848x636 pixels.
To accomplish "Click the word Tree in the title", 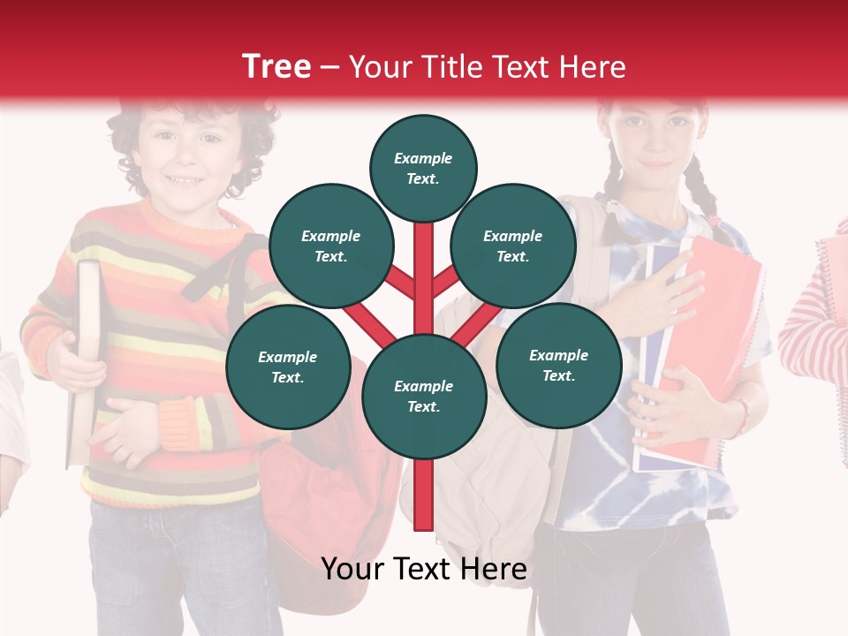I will coord(276,66).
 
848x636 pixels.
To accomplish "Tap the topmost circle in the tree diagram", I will coord(423,168).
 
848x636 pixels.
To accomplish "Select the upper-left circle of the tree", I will coord(330,246).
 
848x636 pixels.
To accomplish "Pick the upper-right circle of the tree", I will coord(512,246).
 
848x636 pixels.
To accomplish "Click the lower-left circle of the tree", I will coord(287,367).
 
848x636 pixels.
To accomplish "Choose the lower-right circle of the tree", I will coord(558,365).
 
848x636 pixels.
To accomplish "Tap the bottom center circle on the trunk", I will coord(423,396).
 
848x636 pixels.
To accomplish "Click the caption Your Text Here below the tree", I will coord(423,569).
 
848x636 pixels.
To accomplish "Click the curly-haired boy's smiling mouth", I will coord(185,181).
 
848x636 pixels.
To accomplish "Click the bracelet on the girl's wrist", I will coord(740,415).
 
